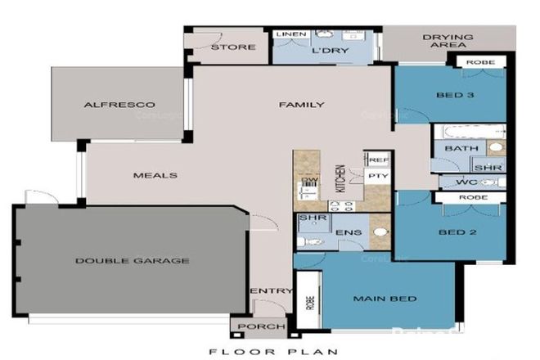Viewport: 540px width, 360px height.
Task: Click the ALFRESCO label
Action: pos(119,106)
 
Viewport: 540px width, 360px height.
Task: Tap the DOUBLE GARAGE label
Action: pos(133,261)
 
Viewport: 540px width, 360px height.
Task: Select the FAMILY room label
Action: pos(301,105)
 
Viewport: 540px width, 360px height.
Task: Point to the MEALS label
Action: pos(155,175)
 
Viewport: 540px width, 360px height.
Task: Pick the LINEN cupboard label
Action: pos(291,34)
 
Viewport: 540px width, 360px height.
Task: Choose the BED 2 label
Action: pos(450,232)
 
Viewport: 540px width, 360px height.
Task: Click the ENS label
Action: pos(344,232)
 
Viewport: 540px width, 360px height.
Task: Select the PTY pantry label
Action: pos(378,176)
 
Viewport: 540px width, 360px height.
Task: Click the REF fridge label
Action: pos(378,160)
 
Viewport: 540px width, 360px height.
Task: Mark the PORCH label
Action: pos(252,326)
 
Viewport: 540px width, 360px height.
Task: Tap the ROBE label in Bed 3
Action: pos(480,62)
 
